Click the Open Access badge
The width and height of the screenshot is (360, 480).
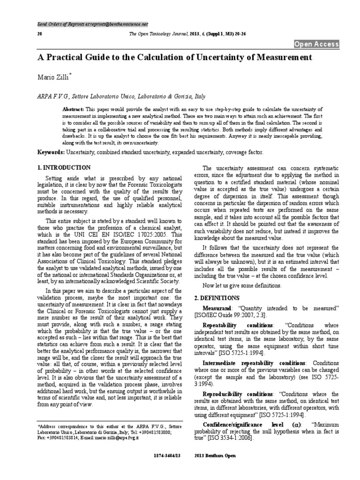(316, 45)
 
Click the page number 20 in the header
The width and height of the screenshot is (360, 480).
(39, 34)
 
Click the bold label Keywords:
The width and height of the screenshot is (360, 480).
(51, 153)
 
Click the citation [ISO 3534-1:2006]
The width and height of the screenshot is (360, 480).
(230, 438)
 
